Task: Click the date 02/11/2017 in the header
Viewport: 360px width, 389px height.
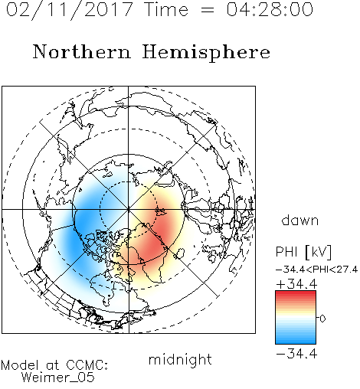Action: pyautogui.click(x=70, y=10)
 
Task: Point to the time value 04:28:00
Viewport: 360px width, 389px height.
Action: pyautogui.click(x=270, y=9)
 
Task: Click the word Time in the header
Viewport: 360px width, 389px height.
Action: pyautogui.click(x=166, y=9)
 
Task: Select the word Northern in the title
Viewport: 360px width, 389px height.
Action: pyautogui.click(x=82, y=51)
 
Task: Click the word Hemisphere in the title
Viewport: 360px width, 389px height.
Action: pyautogui.click(x=206, y=53)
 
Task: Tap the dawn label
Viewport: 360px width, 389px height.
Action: pyautogui.click(x=300, y=221)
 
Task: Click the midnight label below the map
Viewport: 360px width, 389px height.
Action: pyautogui.click(x=180, y=359)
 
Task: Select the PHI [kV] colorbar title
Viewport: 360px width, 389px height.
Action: pyautogui.click(x=303, y=252)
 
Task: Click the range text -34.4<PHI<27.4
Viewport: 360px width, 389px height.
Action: pyautogui.click(x=316, y=270)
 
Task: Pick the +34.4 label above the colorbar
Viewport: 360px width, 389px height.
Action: pyautogui.click(x=296, y=284)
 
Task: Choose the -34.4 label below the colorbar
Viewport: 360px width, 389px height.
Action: pyautogui.click(x=296, y=354)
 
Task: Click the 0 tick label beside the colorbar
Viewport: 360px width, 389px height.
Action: pyautogui.click(x=322, y=319)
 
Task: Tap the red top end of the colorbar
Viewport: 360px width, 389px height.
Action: pyautogui.click(x=296, y=293)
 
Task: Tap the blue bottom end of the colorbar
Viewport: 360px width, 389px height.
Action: pyautogui.click(x=296, y=342)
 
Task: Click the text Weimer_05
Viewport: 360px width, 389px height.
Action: pyautogui.click(x=58, y=378)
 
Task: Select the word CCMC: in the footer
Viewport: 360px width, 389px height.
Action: pyautogui.click(x=87, y=365)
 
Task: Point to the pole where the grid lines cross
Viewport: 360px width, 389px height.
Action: pyautogui.click(x=129, y=210)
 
